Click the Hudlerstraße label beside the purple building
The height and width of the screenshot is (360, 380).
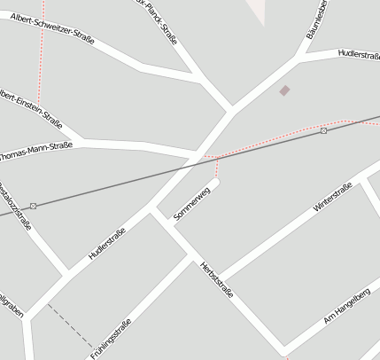(358, 55)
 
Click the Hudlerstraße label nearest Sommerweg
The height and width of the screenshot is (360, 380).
(107, 244)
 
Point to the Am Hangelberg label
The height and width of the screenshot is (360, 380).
(346, 305)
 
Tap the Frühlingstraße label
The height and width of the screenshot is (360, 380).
(112, 339)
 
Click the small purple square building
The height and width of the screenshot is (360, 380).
(284, 90)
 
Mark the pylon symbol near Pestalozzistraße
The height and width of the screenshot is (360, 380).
(34, 206)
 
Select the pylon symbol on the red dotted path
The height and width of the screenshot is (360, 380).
(324, 131)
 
